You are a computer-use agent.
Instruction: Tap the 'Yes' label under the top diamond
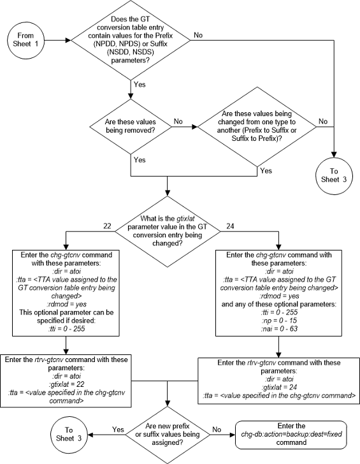click(140, 83)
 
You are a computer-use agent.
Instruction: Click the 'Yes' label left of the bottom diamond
click(117, 430)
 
